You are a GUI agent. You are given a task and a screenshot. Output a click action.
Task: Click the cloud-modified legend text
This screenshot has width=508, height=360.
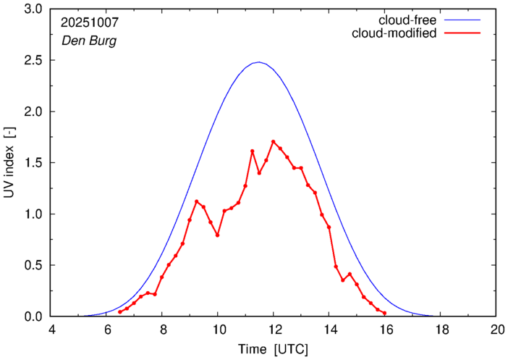click(x=394, y=33)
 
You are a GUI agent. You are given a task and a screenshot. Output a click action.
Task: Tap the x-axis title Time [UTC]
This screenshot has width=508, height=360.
click(x=273, y=349)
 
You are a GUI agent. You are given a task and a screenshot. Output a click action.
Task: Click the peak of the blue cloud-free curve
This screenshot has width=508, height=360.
click(x=259, y=62)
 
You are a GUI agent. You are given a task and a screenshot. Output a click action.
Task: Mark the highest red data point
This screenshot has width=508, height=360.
click(x=273, y=142)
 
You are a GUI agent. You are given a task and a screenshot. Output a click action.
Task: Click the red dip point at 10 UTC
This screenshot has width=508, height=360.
click(x=217, y=235)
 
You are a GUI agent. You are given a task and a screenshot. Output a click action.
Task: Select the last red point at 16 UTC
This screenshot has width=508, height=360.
click(x=384, y=314)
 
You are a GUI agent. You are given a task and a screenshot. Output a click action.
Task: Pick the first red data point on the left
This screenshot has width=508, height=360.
click(x=120, y=312)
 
